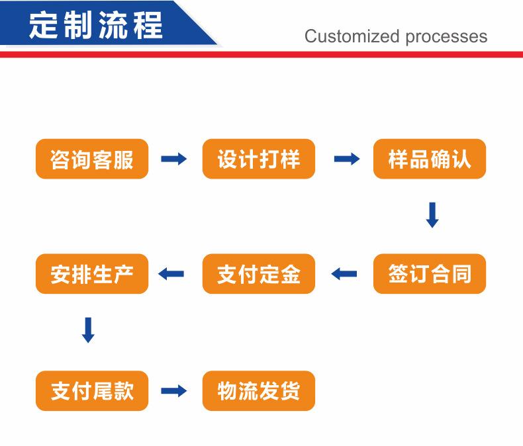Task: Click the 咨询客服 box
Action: pos(92,159)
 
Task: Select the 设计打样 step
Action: pos(259,159)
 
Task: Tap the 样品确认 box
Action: pos(430,159)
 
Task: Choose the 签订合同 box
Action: pos(430,274)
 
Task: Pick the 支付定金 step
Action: pos(259,274)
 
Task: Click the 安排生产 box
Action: pos(92,274)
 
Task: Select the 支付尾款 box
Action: pos(92,391)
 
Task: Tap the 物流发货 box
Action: pos(259,391)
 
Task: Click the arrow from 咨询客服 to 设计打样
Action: pos(173,159)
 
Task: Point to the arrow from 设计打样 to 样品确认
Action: pos(347,159)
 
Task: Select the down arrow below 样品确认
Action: pos(432,215)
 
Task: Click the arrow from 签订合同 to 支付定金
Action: pos(344,274)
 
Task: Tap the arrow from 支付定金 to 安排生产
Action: pos(171,274)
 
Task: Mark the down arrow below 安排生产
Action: pos(88,330)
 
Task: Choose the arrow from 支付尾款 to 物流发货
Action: pos(173,391)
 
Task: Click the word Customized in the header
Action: pos(352,36)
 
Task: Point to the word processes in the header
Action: pos(447,37)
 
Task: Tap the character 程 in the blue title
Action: pos(148,25)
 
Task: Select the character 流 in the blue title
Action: pos(113,25)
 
